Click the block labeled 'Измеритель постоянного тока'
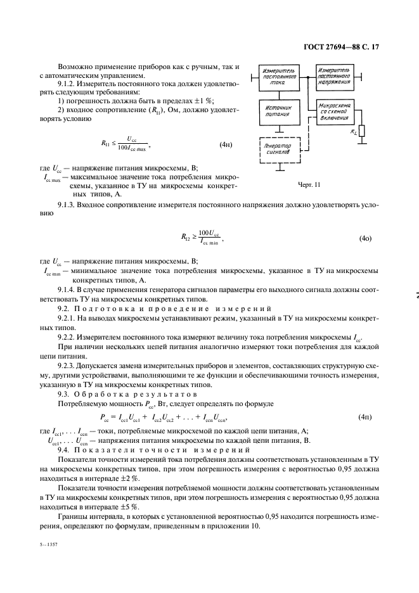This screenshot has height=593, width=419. [280, 78]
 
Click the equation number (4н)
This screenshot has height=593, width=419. [226, 144]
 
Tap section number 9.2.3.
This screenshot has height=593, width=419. [67, 366]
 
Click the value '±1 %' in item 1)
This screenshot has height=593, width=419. [202, 101]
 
